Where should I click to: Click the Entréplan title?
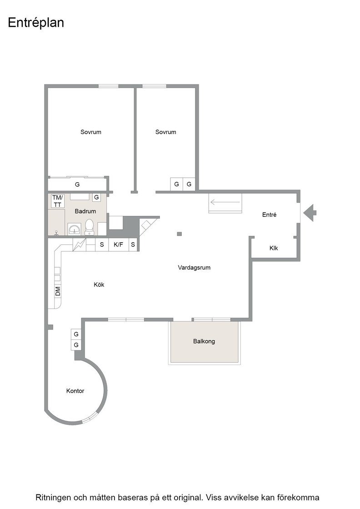[36, 23]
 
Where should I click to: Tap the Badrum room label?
[85, 211]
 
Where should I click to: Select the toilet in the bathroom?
[89, 227]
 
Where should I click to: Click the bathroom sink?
[75, 229]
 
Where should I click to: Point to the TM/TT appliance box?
[57, 201]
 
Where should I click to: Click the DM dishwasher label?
[58, 291]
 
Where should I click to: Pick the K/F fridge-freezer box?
[119, 245]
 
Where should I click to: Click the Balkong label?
[204, 341]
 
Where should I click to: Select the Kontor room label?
[75, 391]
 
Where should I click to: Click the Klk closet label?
[274, 248]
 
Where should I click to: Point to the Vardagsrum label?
[194, 268]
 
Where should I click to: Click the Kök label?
[99, 284]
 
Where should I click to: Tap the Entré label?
[270, 215]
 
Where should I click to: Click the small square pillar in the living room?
[180, 234]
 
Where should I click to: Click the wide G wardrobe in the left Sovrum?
[78, 185]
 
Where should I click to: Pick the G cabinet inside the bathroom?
[96, 197]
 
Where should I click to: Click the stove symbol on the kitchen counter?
[79, 245]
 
